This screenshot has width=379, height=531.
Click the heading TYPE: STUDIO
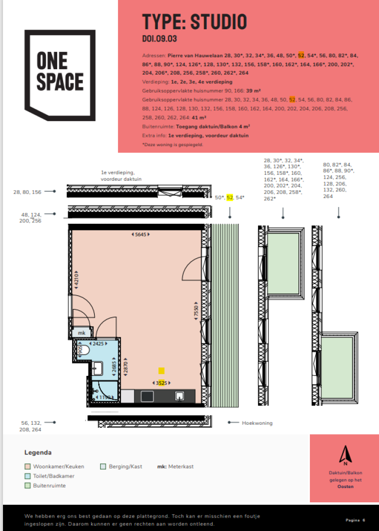point(194,22)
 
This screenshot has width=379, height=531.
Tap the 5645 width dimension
point(141,234)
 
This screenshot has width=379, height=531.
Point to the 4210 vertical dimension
point(76,280)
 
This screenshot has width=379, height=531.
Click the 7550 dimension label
point(196,311)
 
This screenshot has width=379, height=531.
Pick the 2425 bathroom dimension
point(98,343)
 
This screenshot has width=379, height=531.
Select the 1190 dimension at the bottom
point(104,397)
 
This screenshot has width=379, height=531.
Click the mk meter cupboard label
point(81,333)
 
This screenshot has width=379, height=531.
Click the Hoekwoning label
point(257,423)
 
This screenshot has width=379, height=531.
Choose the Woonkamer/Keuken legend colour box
point(28,466)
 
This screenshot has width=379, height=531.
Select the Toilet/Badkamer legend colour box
point(28,476)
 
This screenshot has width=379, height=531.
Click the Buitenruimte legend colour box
point(28,486)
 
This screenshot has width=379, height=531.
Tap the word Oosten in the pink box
point(345,487)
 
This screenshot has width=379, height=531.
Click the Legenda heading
point(38,452)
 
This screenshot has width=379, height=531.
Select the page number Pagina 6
point(355,520)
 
